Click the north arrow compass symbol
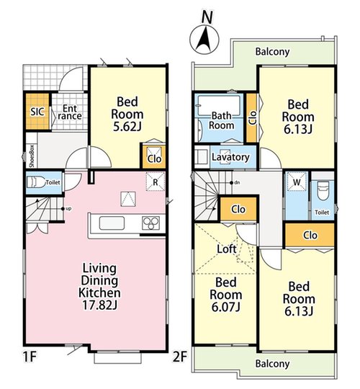point(204,40)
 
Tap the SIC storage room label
point(37,112)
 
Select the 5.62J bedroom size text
point(127,127)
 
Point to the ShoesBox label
point(32,156)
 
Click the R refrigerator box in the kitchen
point(156,182)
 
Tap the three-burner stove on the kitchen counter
point(150,223)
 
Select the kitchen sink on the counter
point(112,223)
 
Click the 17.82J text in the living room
point(99,305)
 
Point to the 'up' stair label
point(68,209)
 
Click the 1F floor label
point(30,357)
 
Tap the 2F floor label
point(180,357)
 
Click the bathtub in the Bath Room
point(219,105)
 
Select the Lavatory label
point(230,157)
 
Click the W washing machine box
point(297,182)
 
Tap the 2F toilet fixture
point(323,191)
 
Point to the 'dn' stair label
point(237,183)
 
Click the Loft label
point(227,249)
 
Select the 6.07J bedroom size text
point(225,308)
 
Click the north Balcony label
point(272,52)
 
